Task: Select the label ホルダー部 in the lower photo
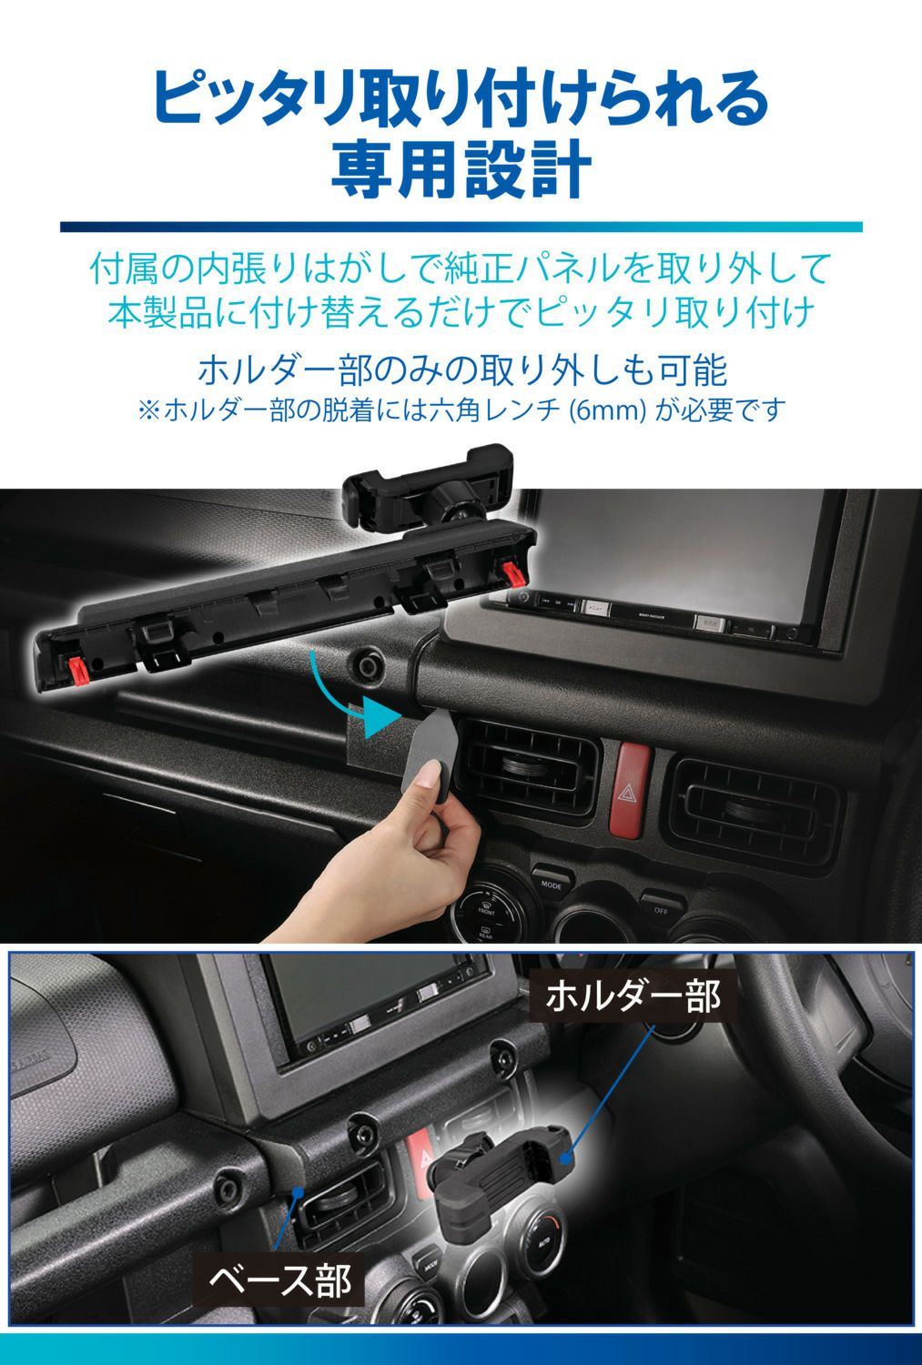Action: pos(633,996)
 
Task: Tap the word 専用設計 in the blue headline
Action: pos(461,169)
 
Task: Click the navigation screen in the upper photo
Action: pos(692,546)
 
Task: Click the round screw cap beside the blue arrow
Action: pos(370,666)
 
